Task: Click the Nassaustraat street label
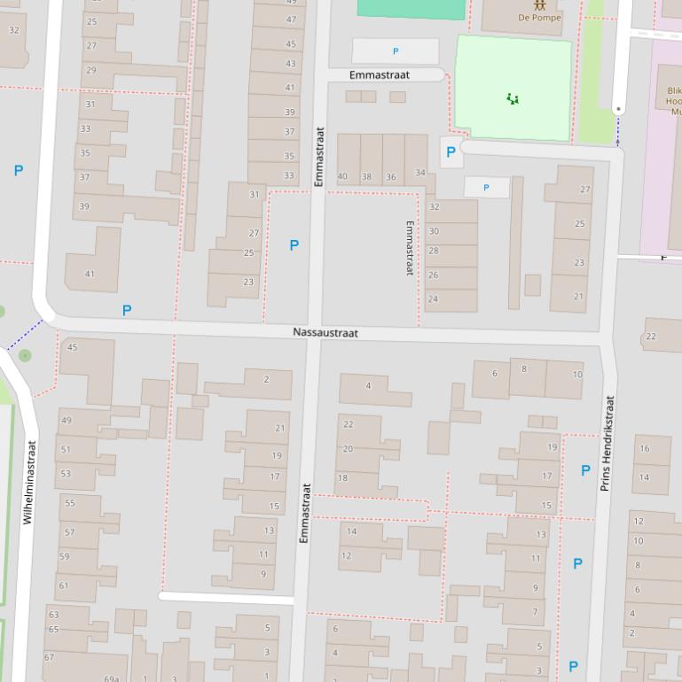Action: coord(325,333)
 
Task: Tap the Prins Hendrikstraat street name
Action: coord(608,443)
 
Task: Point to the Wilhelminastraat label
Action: coord(29,483)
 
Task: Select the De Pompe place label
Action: coord(539,18)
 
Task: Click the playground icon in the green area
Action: coord(513,98)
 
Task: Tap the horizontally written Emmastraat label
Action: coord(379,75)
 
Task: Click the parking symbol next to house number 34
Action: coord(451,152)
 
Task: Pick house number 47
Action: coord(291,19)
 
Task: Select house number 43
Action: coord(290,64)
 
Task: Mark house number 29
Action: coord(91,70)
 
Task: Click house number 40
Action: coord(342,177)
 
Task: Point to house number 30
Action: coord(434,231)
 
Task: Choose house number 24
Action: coord(433,299)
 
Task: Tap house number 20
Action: coord(348,449)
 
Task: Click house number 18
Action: coord(342,478)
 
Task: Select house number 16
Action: coord(644,449)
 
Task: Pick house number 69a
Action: coord(112,678)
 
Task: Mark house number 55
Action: coord(70,503)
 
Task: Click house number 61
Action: coord(64,585)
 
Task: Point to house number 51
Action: coord(66,450)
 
